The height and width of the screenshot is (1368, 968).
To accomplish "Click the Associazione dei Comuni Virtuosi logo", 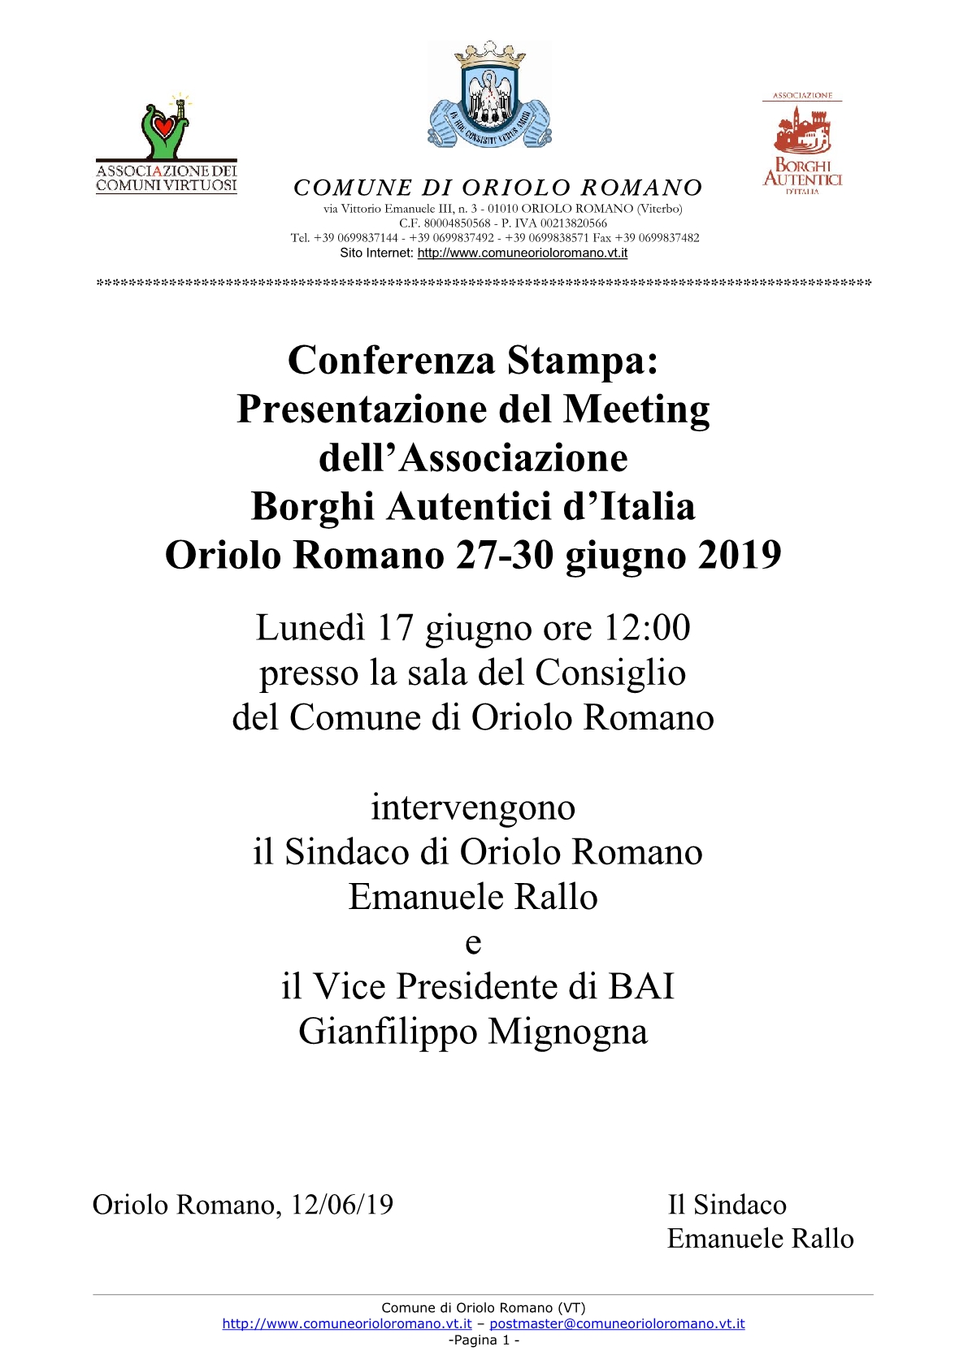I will [x=167, y=145].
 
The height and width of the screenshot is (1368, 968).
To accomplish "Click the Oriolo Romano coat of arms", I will [x=489, y=95].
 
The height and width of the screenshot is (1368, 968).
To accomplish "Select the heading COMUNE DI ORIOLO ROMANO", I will [x=497, y=188].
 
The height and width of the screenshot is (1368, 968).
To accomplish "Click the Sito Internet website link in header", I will [x=522, y=253].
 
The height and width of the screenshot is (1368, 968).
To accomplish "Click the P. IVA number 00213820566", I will [x=573, y=223].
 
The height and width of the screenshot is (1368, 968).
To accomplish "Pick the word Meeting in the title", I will [x=636, y=409].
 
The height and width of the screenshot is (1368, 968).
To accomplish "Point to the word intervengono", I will [x=473, y=807].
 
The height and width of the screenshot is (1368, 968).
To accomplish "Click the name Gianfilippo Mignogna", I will [x=473, y=1032].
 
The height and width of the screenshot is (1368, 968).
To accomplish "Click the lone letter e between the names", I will [x=473, y=942].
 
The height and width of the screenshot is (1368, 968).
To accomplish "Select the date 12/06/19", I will [x=341, y=1204].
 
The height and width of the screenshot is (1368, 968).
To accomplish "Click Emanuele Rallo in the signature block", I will [x=760, y=1238].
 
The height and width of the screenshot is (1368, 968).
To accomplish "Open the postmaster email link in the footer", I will [x=617, y=1323].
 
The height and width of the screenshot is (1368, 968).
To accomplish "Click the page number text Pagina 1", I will [x=484, y=1340].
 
